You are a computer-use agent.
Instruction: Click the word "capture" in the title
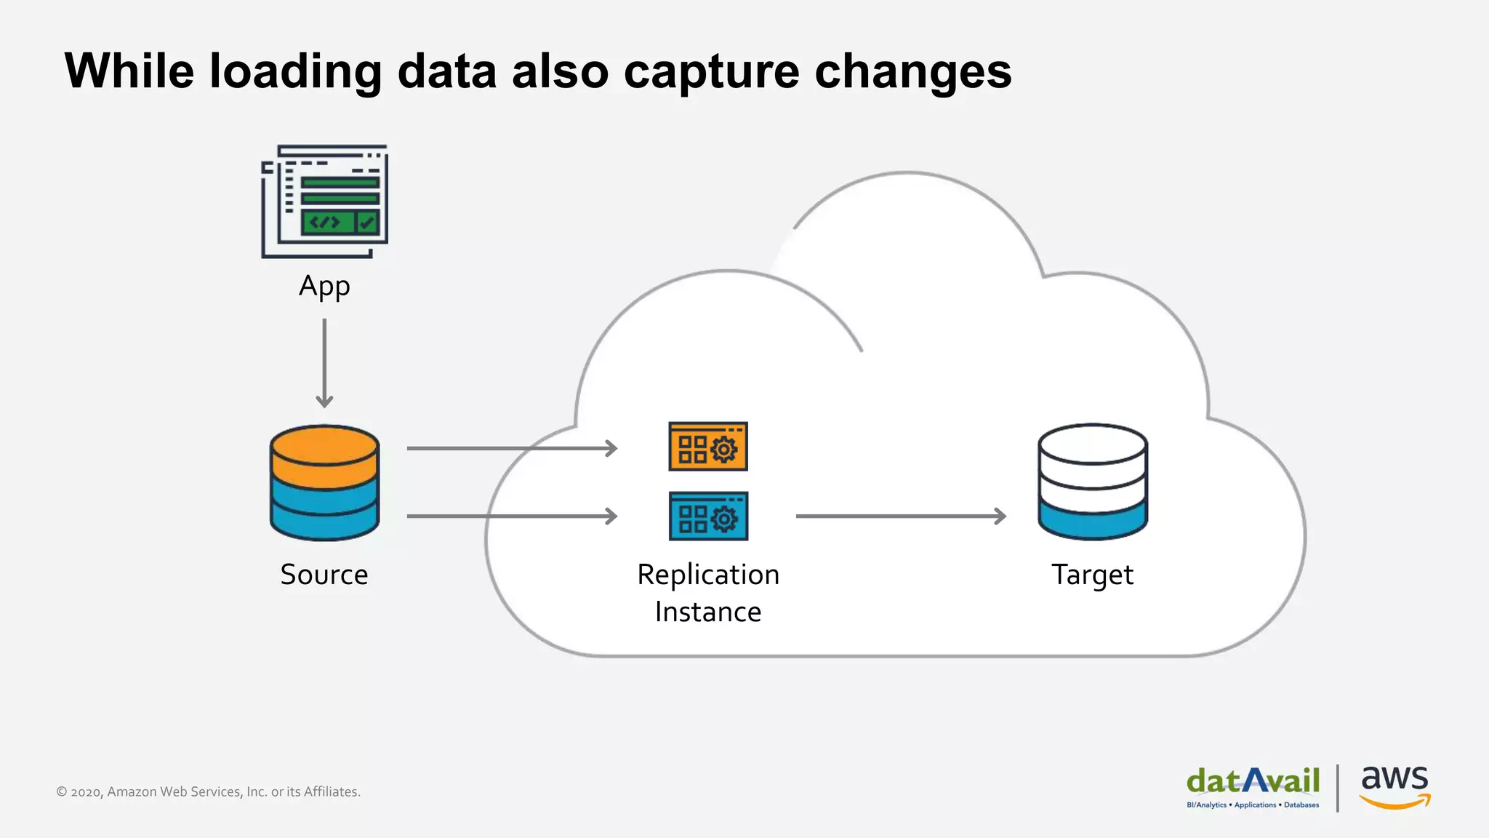pos(711,73)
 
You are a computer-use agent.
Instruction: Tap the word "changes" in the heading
pos(912,73)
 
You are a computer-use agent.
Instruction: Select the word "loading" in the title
pos(295,73)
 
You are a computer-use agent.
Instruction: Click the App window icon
pos(325,201)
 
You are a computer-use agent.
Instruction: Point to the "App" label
pos(324,287)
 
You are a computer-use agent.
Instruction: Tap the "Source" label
pos(324,575)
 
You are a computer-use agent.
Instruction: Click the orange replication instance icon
pos(708,447)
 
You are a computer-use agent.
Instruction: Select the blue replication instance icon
pos(708,516)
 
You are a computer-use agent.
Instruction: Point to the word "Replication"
pos(708,575)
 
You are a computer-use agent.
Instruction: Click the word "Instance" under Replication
pos(708,612)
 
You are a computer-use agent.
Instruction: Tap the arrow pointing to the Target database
pos(901,516)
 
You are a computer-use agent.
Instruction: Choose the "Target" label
pos(1092,575)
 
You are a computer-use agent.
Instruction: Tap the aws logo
pos(1394,786)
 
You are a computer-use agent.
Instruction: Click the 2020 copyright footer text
pos(208,791)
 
